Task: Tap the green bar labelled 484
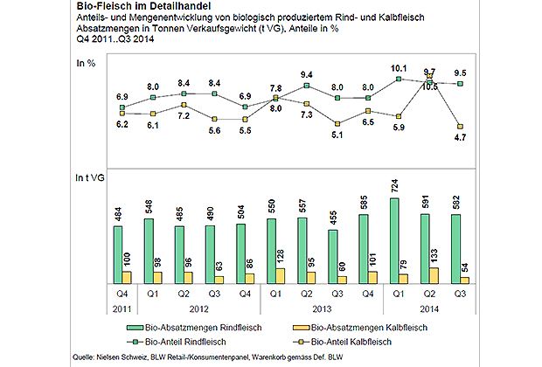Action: pos(120,254)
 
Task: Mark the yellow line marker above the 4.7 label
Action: pos(461,128)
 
